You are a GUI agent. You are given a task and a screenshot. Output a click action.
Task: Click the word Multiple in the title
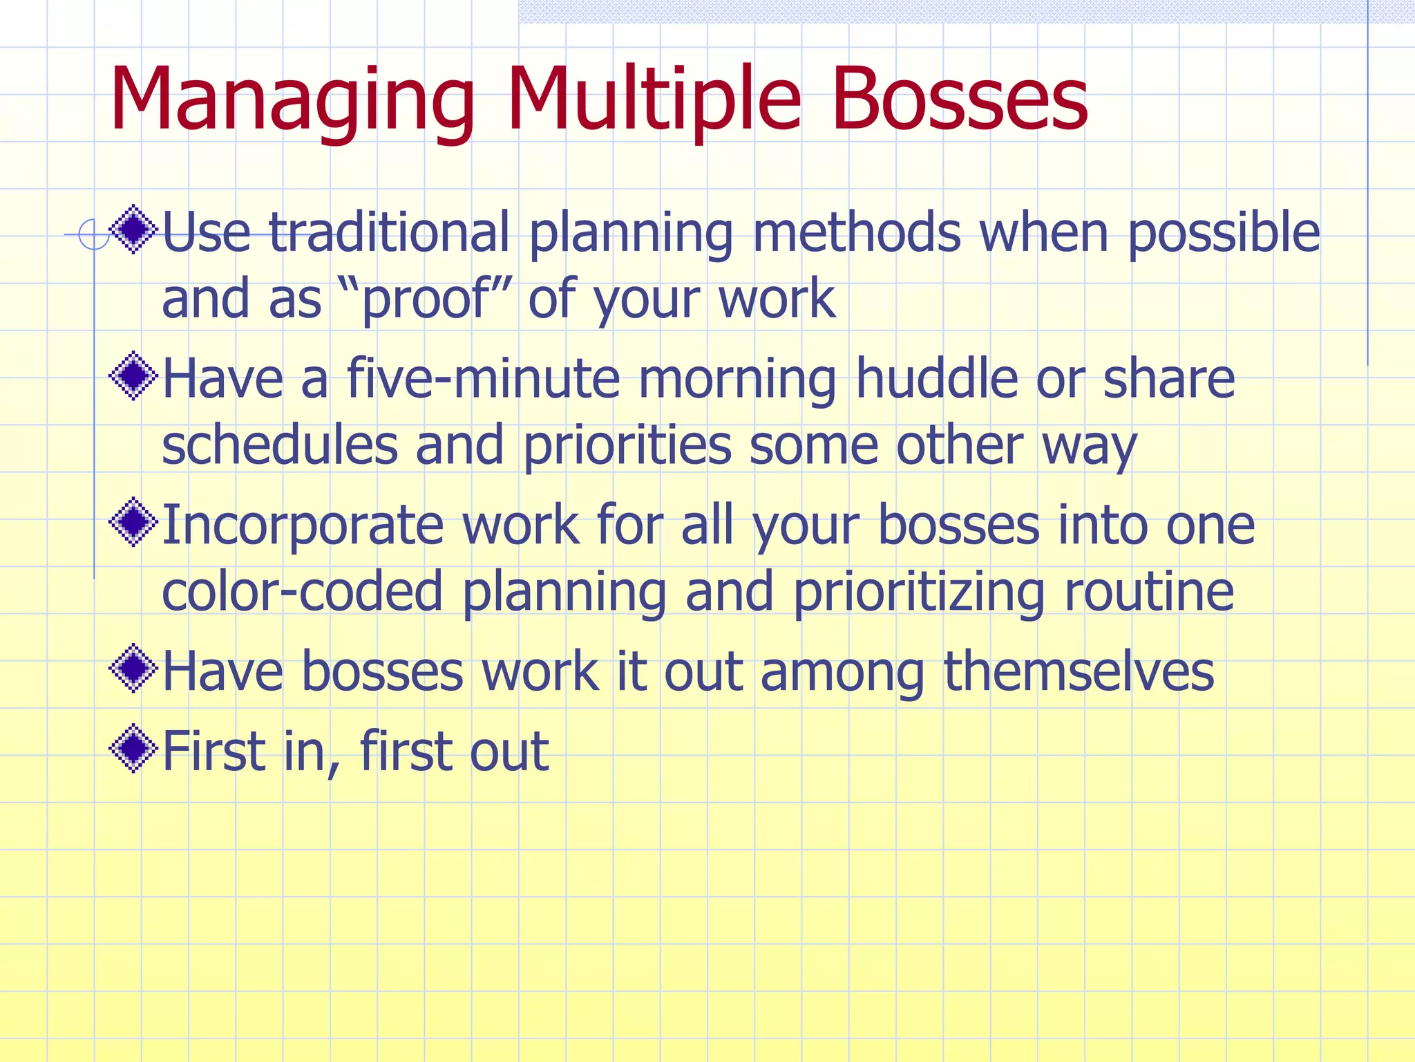pos(654,100)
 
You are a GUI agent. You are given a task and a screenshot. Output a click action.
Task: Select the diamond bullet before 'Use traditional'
pos(134,229)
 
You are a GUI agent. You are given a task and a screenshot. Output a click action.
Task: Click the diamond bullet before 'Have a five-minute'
pos(134,376)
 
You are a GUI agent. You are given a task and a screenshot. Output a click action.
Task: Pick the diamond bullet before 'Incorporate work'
pos(134,523)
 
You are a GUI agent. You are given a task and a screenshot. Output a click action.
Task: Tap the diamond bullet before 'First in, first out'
pos(134,748)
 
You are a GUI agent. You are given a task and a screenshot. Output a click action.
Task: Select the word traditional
pos(389,232)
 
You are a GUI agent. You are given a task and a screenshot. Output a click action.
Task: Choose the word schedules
pos(280,445)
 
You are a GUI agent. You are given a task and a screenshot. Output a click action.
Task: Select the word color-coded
pos(302,592)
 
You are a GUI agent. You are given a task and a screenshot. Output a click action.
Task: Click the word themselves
pos(1079,671)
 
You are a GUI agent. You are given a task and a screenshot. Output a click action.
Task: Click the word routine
pos(1149,592)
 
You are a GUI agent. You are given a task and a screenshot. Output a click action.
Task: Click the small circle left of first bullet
pos(93,234)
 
